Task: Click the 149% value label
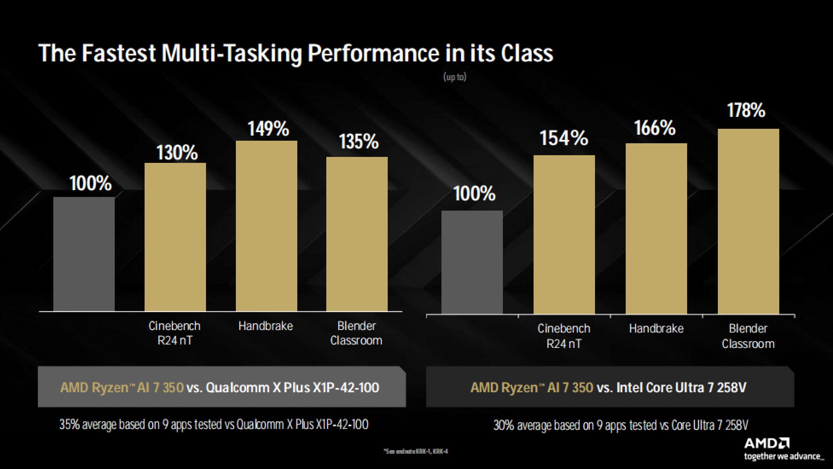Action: click(268, 129)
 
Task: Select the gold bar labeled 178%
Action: click(748, 222)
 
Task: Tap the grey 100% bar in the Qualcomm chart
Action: click(84, 254)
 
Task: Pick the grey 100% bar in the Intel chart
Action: click(472, 263)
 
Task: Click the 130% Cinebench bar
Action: click(175, 237)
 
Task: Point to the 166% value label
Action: click(655, 128)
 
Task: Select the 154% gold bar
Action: click(564, 234)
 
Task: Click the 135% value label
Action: click(359, 142)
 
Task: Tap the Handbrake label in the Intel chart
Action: click(656, 329)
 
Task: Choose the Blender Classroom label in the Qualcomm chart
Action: click(356, 333)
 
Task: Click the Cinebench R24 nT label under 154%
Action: click(563, 336)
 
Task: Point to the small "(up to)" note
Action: click(455, 77)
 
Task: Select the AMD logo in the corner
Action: click(766, 443)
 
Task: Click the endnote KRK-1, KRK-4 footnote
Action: click(416, 452)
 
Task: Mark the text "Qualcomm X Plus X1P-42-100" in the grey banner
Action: click(292, 388)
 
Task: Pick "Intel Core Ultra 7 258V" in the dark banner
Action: click(681, 388)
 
